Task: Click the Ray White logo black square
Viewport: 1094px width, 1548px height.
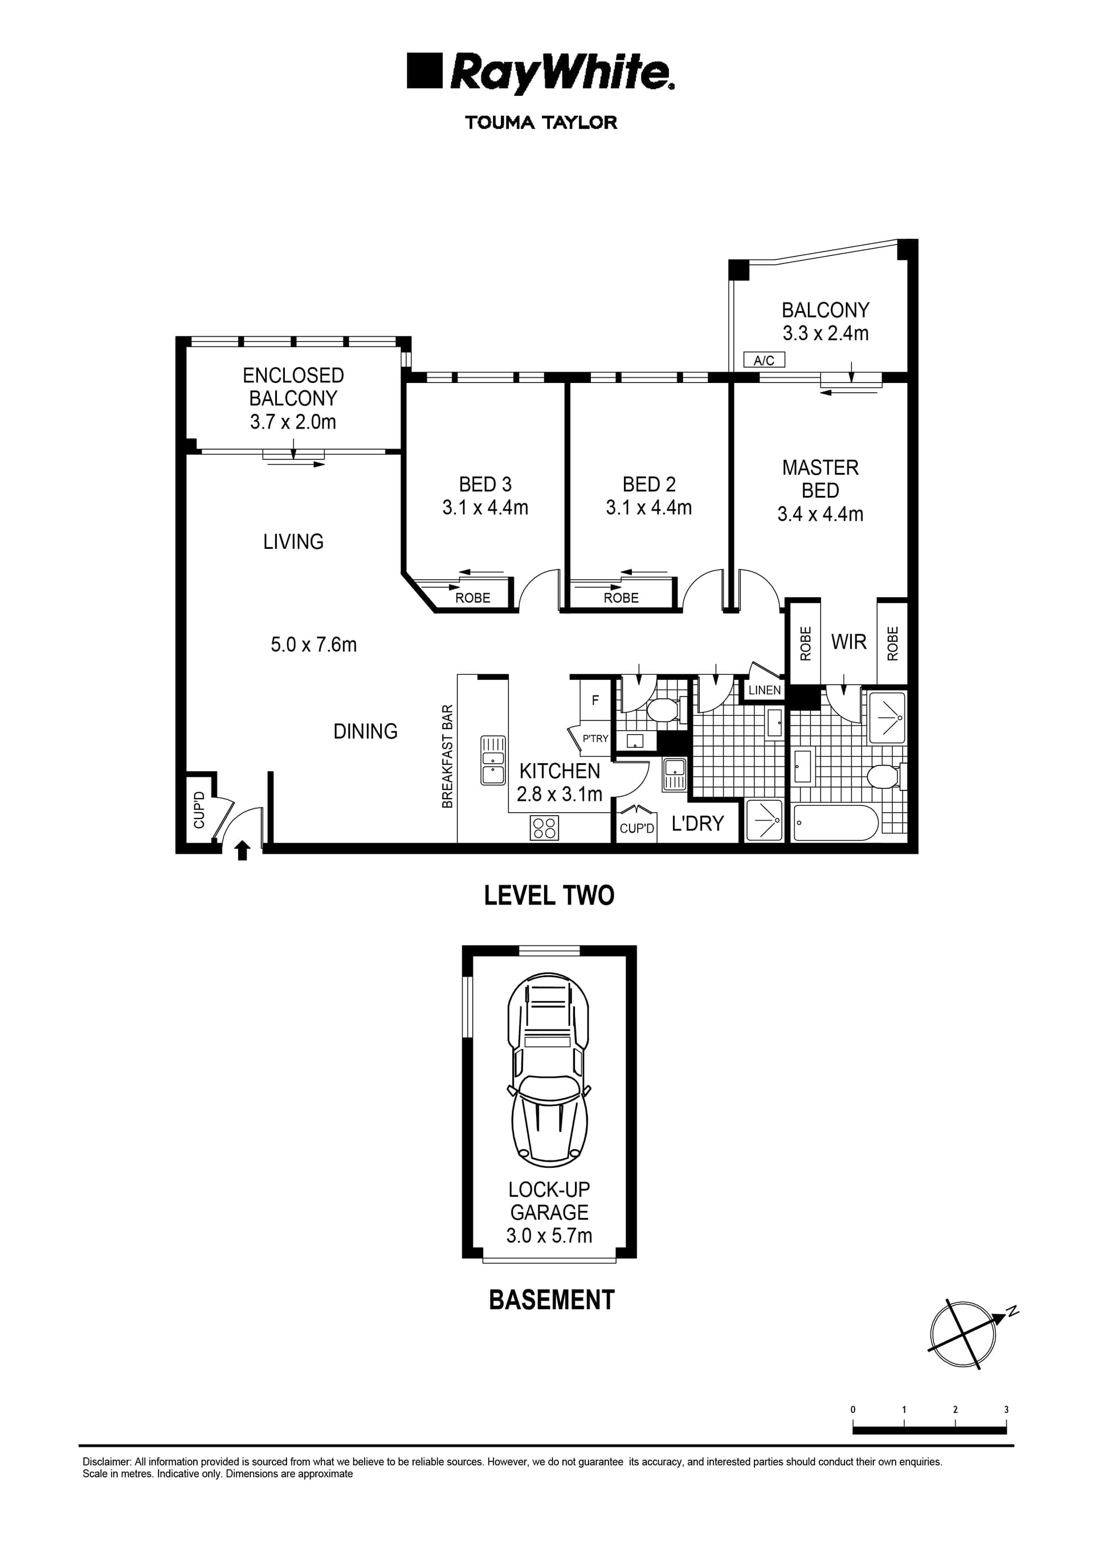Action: [424, 71]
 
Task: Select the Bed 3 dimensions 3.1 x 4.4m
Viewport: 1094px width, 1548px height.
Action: [485, 508]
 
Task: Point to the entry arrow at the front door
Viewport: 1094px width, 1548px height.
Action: [243, 851]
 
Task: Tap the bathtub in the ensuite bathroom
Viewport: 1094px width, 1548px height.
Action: [835, 822]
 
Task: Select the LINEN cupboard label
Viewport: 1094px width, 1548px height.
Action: [765, 690]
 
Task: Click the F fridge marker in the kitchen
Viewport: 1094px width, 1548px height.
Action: [595, 700]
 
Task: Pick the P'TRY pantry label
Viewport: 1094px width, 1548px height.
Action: [595, 738]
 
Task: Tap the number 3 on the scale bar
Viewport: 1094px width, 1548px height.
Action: [1006, 1410]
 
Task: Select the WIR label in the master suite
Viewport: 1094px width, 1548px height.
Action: [848, 642]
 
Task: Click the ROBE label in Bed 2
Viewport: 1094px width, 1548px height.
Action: [621, 598]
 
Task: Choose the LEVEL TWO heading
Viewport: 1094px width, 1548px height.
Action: [549, 895]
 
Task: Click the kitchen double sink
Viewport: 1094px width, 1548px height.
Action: [493, 760]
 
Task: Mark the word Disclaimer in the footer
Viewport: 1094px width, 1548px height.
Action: [107, 1463]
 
